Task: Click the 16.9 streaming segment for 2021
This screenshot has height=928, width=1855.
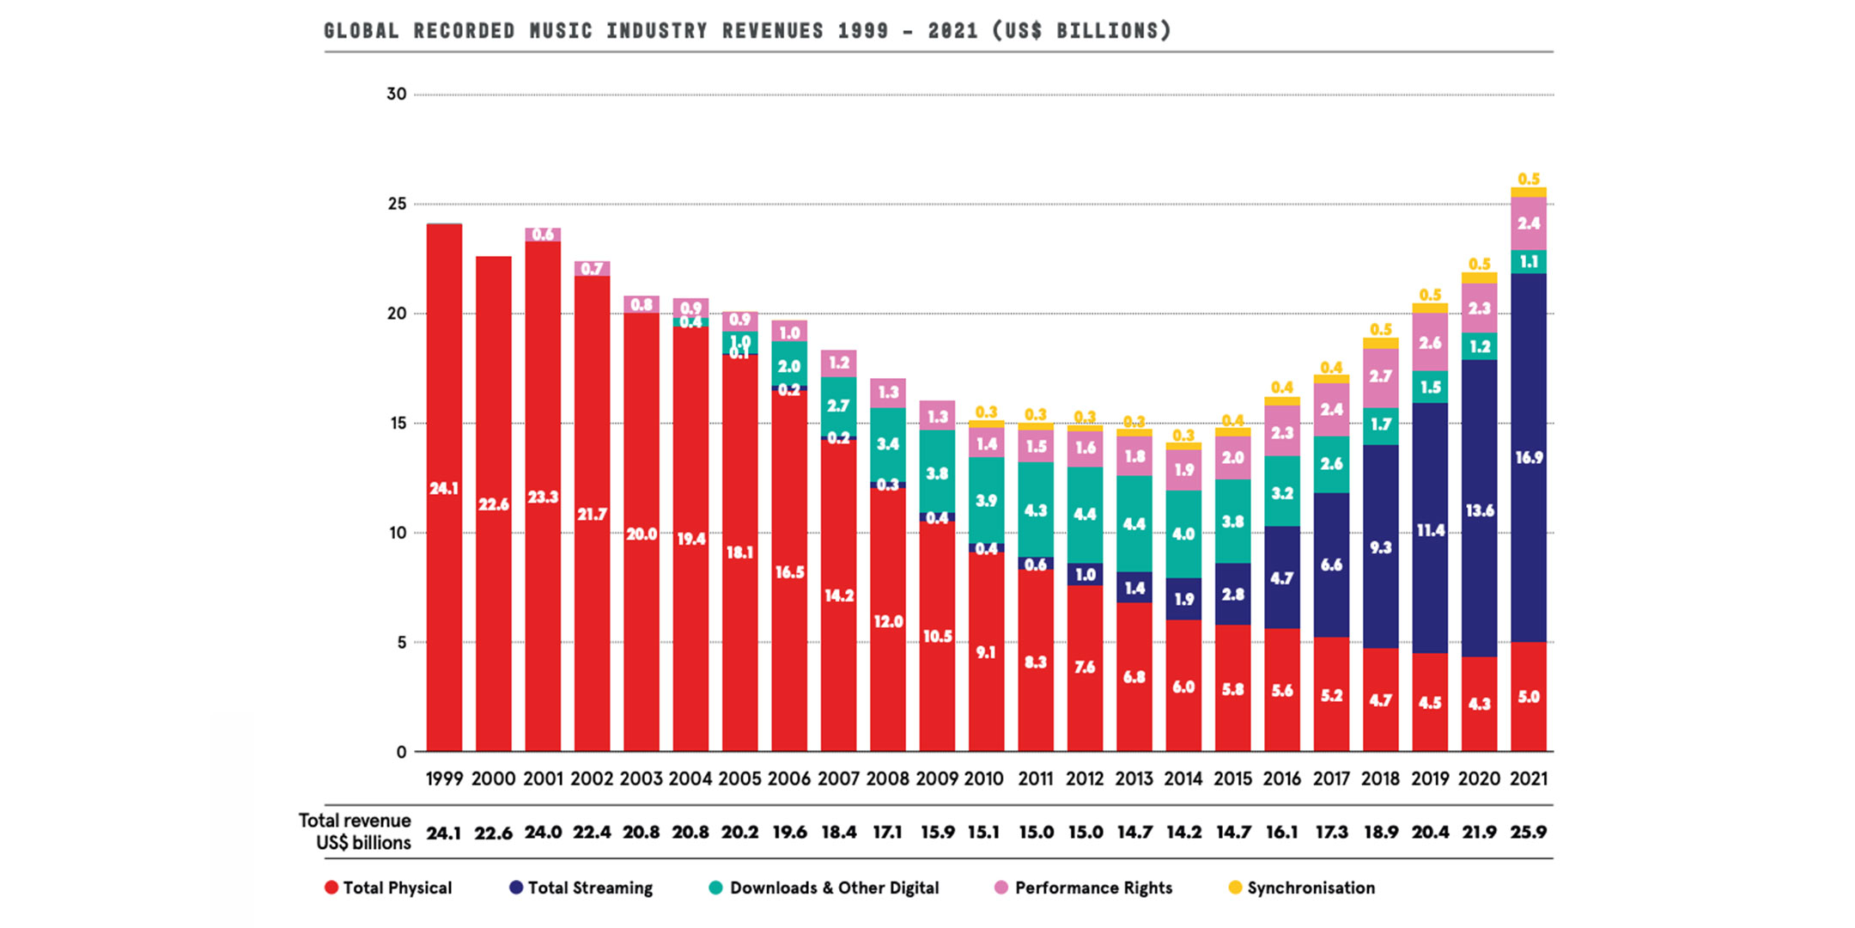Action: click(x=1529, y=457)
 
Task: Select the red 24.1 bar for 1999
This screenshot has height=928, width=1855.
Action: click(x=444, y=488)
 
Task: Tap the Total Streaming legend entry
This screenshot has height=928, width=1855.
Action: click(x=581, y=888)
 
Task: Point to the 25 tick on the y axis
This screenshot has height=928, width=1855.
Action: click(x=397, y=204)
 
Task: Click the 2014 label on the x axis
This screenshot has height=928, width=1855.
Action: click(x=1183, y=778)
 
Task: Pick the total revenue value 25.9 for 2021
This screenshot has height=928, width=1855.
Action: click(x=1529, y=832)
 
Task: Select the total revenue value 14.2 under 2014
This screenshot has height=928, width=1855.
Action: click(x=1183, y=832)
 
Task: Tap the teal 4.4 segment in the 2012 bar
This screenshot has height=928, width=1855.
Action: click(x=1085, y=514)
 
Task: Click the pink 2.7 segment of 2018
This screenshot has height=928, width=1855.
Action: click(x=1380, y=375)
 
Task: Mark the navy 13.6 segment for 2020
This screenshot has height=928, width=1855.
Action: click(x=1479, y=510)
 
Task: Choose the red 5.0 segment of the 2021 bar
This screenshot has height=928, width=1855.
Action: click(x=1529, y=697)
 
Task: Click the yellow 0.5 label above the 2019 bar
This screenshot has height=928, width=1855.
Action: click(x=1430, y=295)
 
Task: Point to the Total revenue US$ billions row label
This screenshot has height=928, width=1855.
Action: click(x=355, y=831)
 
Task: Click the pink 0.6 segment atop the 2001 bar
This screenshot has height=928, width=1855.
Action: click(x=543, y=235)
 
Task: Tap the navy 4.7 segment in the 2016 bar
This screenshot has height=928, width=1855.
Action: click(x=1281, y=578)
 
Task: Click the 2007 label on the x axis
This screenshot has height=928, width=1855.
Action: click(x=838, y=778)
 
